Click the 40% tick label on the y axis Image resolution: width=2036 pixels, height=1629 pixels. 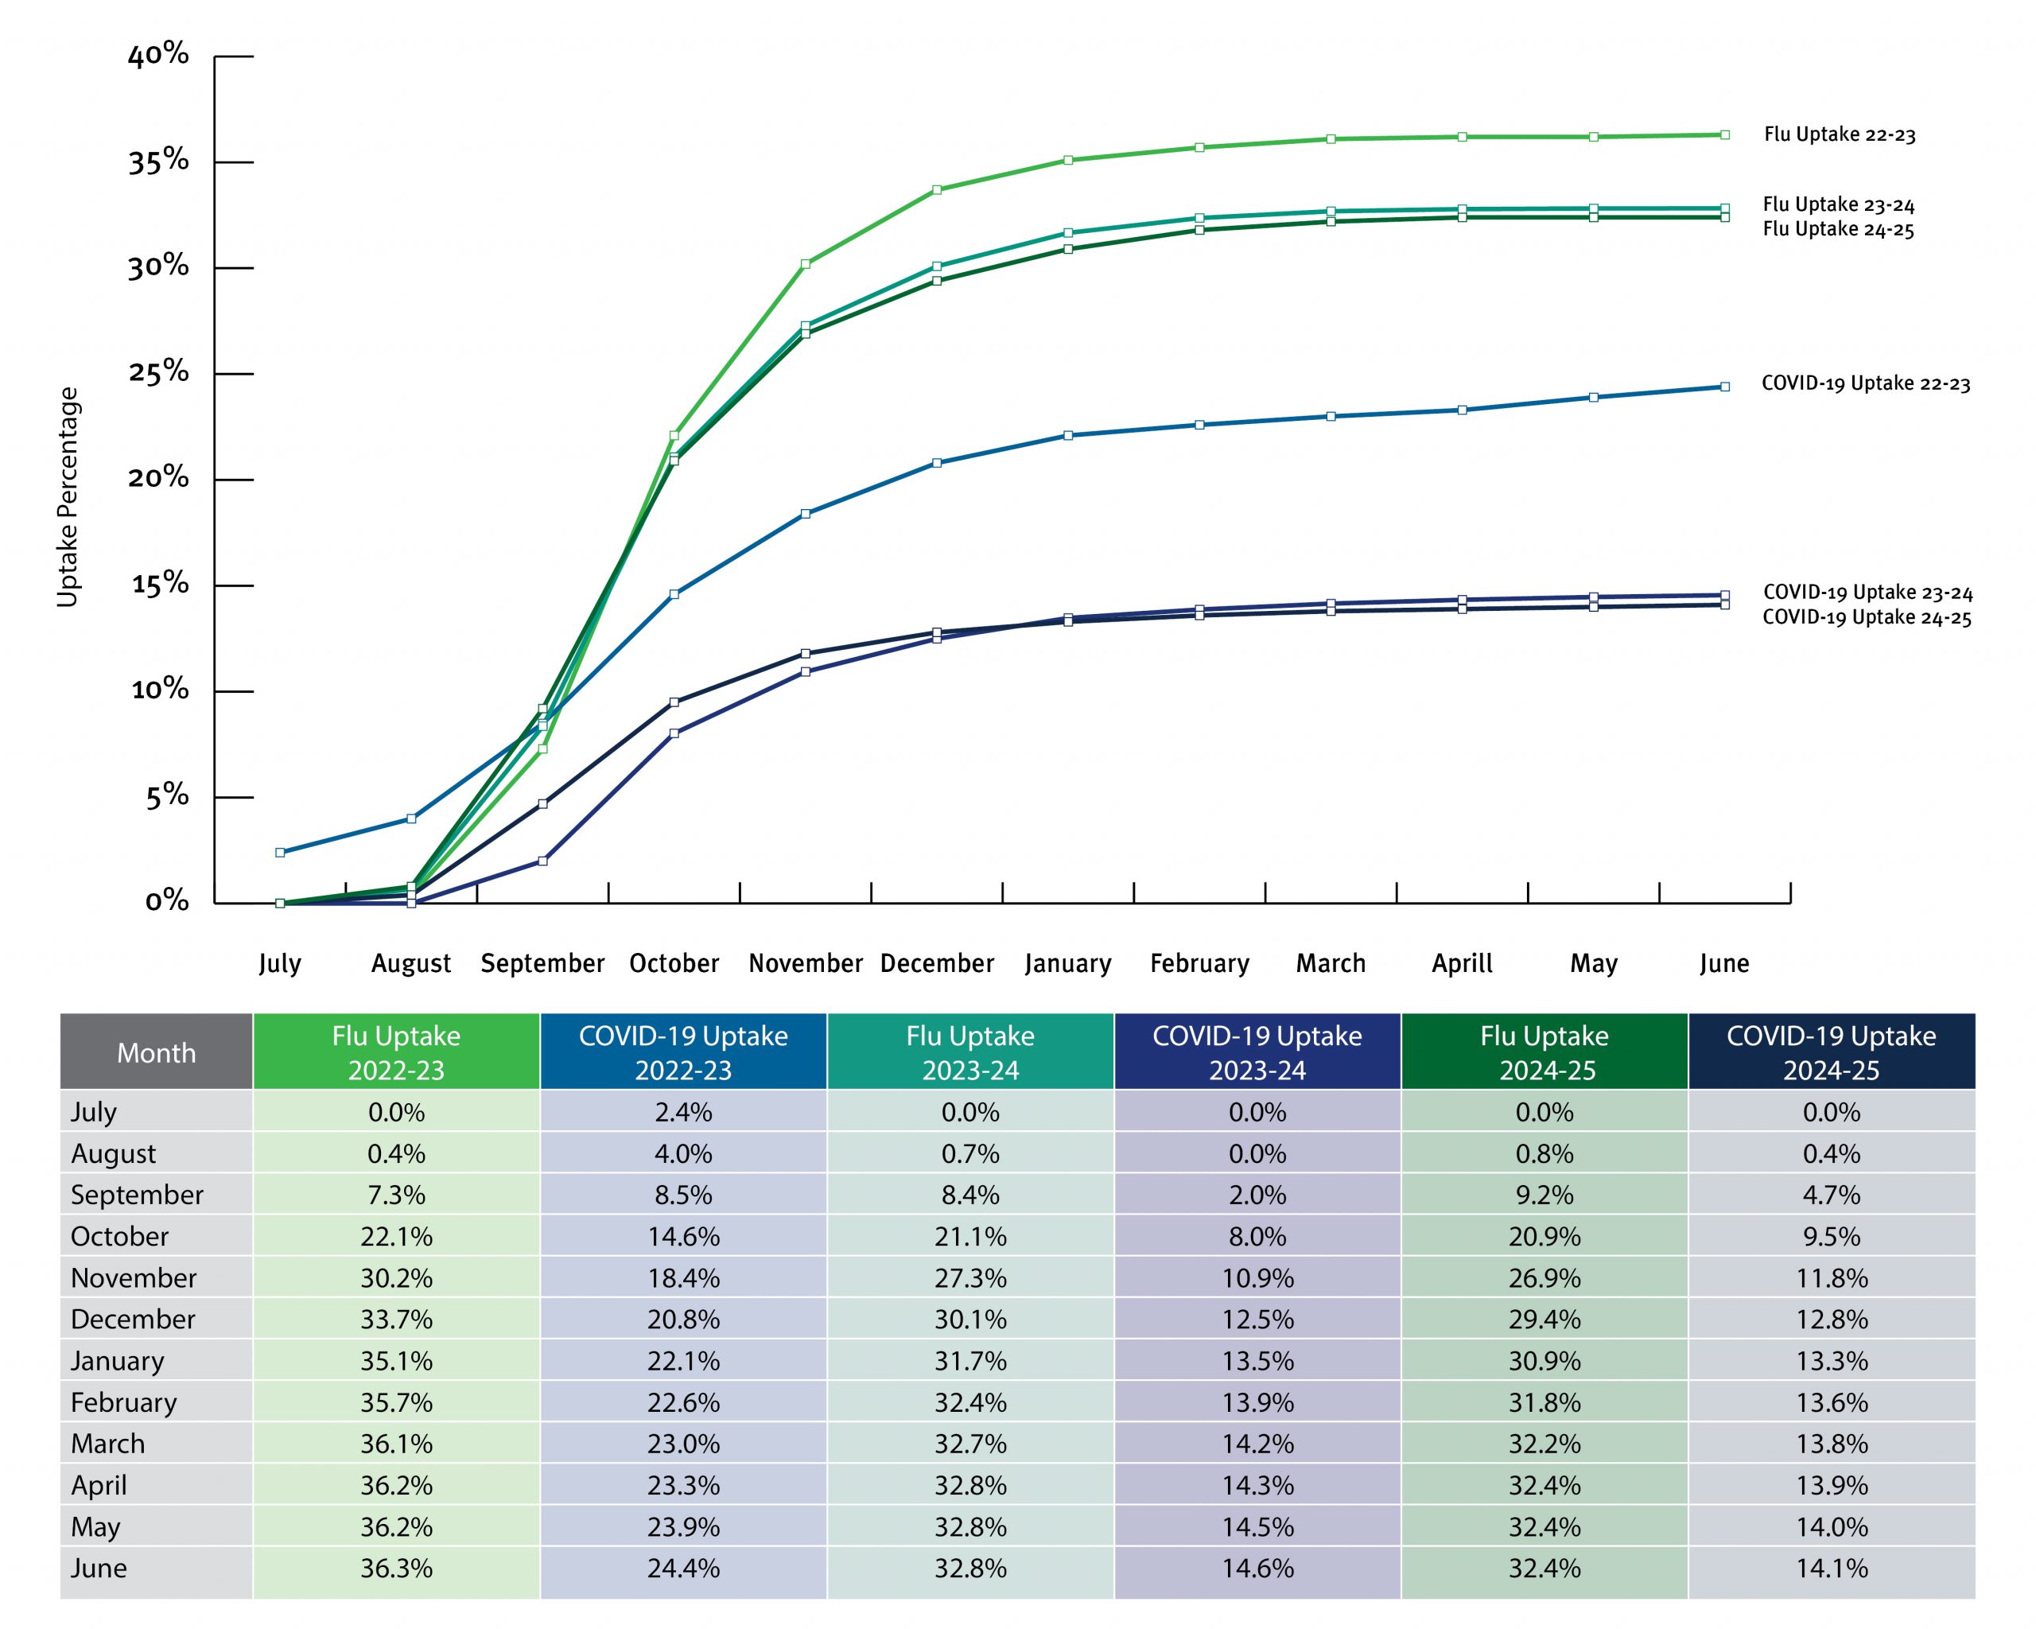point(158,55)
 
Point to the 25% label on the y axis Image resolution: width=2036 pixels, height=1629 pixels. point(158,372)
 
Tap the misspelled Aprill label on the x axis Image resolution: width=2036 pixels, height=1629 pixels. point(1462,963)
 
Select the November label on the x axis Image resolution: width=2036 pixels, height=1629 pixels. point(806,963)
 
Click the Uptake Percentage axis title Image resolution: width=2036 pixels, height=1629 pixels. point(68,498)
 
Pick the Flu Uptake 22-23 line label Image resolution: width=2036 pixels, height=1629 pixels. point(1840,135)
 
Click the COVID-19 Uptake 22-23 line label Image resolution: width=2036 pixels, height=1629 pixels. point(1866,384)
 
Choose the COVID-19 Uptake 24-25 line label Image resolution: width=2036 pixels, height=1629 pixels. point(1867,617)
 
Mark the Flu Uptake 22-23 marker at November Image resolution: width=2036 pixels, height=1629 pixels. point(806,264)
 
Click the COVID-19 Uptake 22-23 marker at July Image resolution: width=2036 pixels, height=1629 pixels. point(281,853)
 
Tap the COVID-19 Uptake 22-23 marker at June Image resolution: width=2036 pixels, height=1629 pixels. point(1725,387)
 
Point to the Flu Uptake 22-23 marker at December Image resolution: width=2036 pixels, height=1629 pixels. point(937,190)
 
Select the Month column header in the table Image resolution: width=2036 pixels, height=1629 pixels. point(157,1052)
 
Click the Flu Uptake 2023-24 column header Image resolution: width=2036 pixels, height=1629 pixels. point(969,1052)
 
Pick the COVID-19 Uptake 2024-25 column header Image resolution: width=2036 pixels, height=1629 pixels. point(1831,1052)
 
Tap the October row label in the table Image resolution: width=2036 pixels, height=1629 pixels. point(120,1236)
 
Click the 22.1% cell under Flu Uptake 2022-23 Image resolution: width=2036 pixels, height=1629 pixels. point(397,1236)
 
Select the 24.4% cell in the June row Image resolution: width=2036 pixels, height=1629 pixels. point(682,1569)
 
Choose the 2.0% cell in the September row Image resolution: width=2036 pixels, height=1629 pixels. point(1257,1195)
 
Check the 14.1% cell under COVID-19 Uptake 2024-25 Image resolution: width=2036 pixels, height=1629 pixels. point(1831,1569)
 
